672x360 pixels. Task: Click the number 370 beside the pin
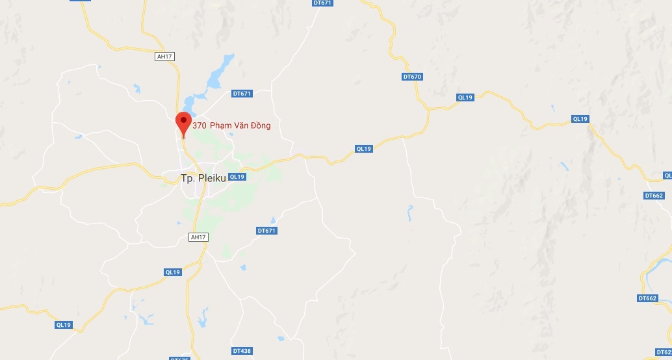(x=200, y=125)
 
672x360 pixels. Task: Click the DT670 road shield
(x=413, y=77)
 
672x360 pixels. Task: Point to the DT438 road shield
(x=242, y=351)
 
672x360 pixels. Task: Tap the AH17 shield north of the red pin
(x=164, y=57)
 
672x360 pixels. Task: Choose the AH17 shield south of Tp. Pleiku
(x=198, y=237)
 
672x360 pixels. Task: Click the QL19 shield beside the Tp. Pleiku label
(x=237, y=177)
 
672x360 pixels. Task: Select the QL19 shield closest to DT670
(x=465, y=97)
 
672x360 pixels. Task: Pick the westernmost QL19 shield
(x=63, y=324)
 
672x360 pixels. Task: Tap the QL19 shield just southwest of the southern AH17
(x=173, y=272)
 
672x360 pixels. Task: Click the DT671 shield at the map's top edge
(x=322, y=3)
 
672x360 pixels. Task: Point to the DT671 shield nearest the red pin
(x=242, y=94)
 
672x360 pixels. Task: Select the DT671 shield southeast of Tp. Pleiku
(x=267, y=231)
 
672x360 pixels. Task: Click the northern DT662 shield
(x=654, y=196)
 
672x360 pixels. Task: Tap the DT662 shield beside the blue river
(x=647, y=298)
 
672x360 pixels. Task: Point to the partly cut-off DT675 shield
(x=179, y=358)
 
